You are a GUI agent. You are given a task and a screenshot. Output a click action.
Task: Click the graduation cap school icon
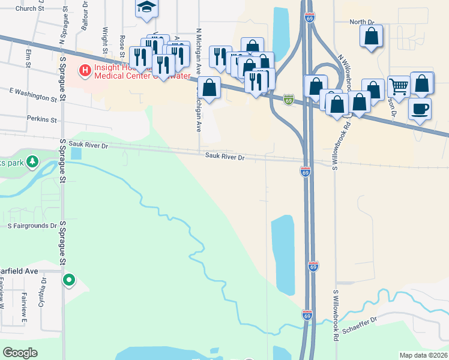146,8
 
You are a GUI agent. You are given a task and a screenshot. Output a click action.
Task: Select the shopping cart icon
398,86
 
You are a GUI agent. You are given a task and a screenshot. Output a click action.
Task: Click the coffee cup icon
420,109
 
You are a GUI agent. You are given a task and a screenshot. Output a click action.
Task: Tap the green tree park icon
33,162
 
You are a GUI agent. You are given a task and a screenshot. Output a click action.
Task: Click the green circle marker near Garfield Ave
70,279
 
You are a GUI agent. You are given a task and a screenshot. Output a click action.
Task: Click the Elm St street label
28,58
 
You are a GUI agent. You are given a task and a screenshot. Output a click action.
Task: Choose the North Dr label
362,22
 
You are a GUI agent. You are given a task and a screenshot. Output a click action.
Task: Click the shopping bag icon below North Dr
372,37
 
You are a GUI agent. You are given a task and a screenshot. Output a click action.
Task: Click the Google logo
20,353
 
